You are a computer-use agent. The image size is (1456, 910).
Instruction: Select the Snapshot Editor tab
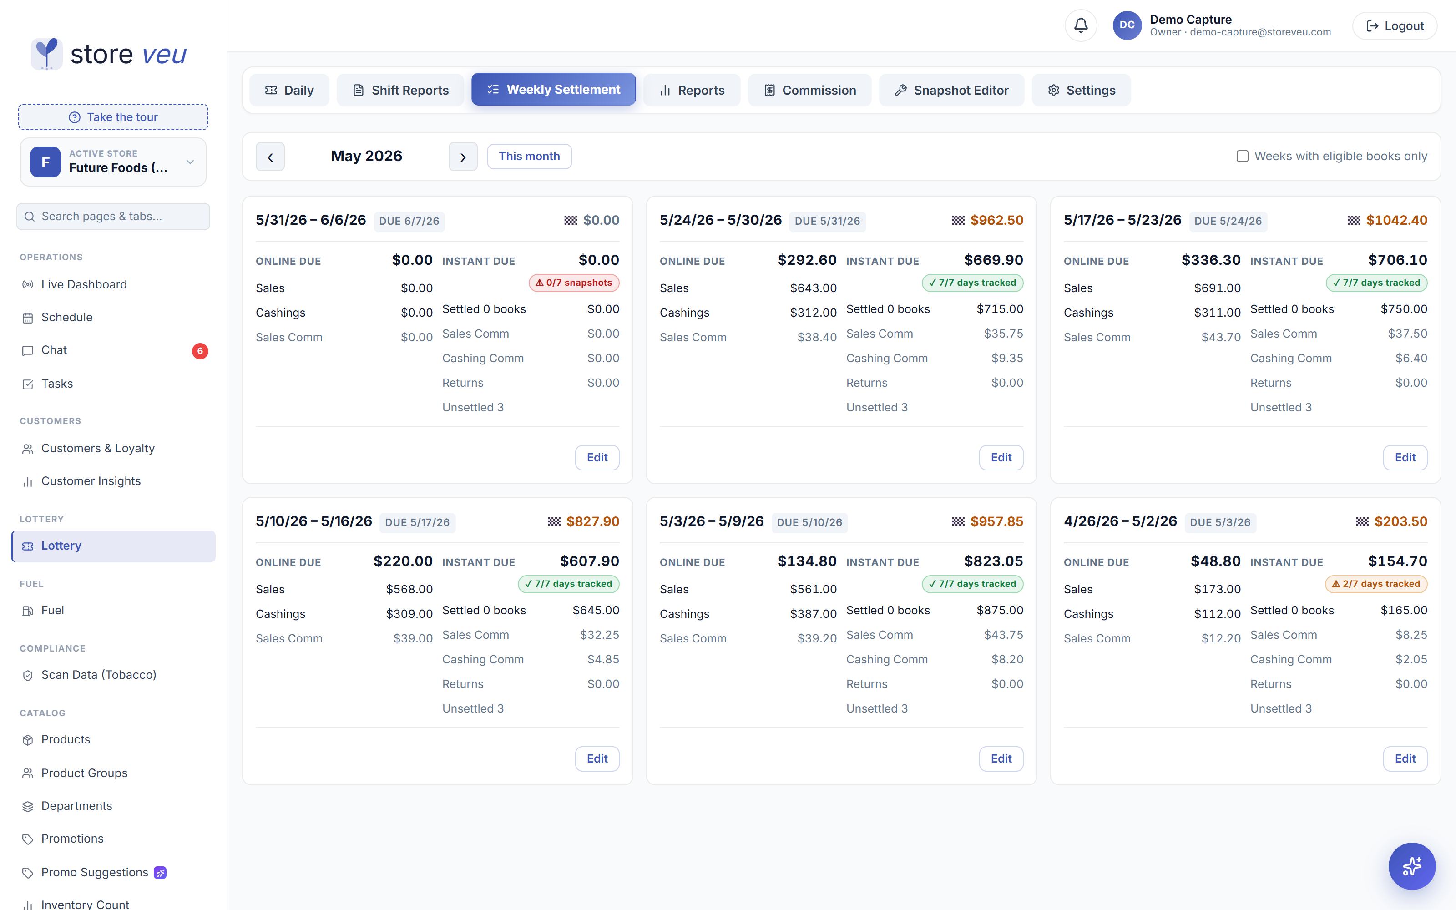[951, 90]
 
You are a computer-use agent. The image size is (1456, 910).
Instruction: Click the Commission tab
[809, 90]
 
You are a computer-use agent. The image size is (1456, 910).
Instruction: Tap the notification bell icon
[1081, 25]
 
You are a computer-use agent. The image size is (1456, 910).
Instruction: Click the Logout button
[1395, 26]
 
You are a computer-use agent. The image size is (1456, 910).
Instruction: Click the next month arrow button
[463, 157]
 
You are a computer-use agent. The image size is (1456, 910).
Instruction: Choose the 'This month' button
[529, 157]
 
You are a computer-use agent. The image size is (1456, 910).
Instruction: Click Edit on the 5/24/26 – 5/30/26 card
[1001, 457]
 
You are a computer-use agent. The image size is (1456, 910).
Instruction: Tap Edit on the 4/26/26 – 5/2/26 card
[1405, 758]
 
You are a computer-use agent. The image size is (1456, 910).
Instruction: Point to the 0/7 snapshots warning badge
[574, 283]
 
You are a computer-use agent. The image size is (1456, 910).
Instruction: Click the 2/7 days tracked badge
[1376, 584]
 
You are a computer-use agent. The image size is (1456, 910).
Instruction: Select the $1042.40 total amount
[1396, 220]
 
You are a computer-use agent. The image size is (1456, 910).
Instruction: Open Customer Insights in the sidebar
[91, 481]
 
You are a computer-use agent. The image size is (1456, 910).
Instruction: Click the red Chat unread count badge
[200, 351]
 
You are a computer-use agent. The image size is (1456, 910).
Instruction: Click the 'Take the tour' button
[113, 117]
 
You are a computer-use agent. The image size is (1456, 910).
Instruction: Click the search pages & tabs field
[113, 217]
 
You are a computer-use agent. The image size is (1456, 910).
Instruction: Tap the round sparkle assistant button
[1411, 866]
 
